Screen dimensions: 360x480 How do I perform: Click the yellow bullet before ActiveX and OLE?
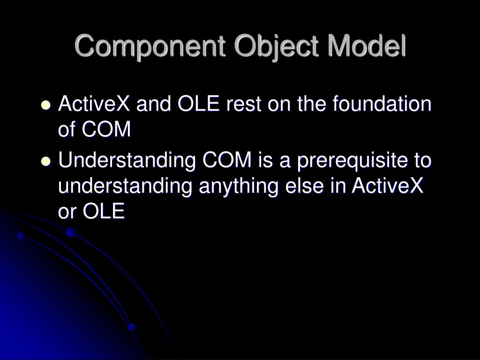pos(45,105)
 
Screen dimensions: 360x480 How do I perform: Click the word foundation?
pos(382,104)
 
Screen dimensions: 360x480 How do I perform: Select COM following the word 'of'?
pos(106,130)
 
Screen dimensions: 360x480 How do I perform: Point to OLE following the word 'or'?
pos(104,212)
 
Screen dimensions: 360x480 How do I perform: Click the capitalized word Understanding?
pos(127,161)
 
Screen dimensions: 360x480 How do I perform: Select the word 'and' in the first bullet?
pos(153,104)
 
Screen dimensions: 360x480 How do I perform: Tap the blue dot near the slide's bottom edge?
pos(132,327)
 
